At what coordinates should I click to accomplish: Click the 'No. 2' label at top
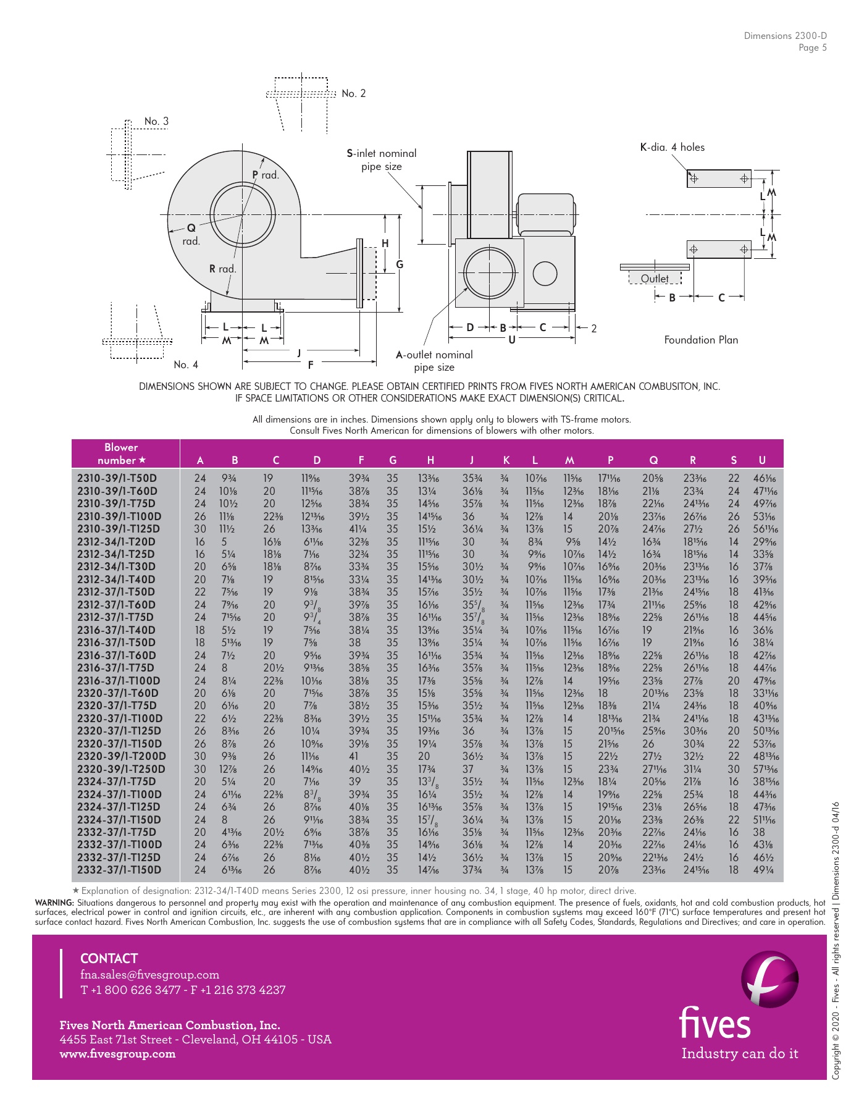[x=353, y=93]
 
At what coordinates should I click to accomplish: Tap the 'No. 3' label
[x=156, y=121]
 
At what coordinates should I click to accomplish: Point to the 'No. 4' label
[x=186, y=364]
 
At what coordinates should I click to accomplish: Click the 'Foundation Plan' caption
[x=701, y=340]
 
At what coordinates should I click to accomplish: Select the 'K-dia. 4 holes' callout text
[x=672, y=147]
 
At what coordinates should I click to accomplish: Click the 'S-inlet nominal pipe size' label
[x=381, y=159]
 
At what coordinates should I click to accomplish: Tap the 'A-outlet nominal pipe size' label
[x=434, y=361]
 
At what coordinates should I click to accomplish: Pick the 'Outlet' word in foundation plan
[x=654, y=279]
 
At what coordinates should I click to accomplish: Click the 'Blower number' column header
[x=121, y=453]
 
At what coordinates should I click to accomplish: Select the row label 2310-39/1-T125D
[x=118, y=529]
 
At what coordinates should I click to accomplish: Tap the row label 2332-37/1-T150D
[x=119, y=870]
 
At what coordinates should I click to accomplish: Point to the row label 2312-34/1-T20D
[x=115, y=542]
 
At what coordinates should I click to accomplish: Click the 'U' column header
[x=762, y=460]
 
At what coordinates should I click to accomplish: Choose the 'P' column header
[x=610, y=460]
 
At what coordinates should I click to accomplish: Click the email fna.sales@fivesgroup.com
[x=149, y=975]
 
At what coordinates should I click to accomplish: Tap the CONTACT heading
[x=109, y=958]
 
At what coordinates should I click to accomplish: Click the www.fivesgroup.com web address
[x=117, y=1054]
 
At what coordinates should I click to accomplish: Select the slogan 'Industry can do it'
[x=739, y=1053]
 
